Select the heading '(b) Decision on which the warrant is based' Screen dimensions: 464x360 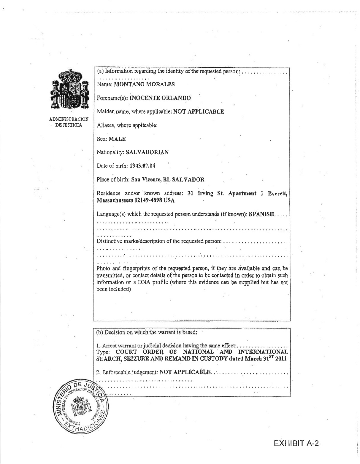tap(147, 332)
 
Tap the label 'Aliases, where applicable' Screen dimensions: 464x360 tap(127, 125)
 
